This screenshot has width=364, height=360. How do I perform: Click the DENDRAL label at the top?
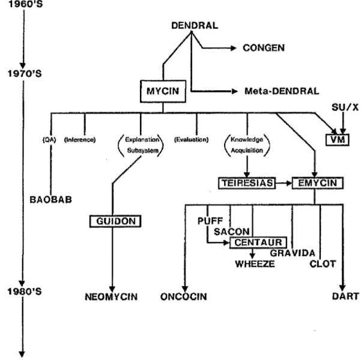click(195, 25)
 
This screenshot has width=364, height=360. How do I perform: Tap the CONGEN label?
click(264, 48)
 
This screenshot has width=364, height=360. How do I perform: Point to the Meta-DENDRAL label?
click(282, 91)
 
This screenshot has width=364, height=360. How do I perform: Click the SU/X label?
click(345, 108)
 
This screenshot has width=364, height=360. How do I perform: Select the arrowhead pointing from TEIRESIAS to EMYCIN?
click(289, 183)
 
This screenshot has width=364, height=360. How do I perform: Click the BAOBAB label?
click(50, 200)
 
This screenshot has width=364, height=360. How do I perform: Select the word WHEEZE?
click(255, 264)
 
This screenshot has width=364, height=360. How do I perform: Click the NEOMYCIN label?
click(111, 297)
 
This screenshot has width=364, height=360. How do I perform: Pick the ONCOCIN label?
click(184, 297)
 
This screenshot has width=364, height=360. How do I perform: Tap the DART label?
click(345, 296)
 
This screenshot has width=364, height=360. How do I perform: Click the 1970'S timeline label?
click(25, 74)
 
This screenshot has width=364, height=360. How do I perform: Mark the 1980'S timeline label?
click(25, 291)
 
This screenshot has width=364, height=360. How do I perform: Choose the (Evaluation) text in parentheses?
click(191, 139)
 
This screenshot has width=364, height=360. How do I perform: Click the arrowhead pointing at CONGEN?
click(234, 48)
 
